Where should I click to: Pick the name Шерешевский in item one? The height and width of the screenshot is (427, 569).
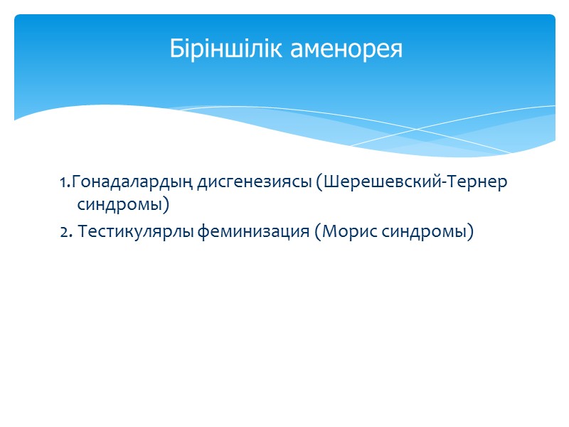point(381,183)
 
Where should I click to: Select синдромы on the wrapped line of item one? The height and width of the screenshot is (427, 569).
point(119,206)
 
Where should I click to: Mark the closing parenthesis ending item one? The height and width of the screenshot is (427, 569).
point(167,206)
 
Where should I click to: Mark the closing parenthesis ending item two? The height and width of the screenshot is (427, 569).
point(470,233)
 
